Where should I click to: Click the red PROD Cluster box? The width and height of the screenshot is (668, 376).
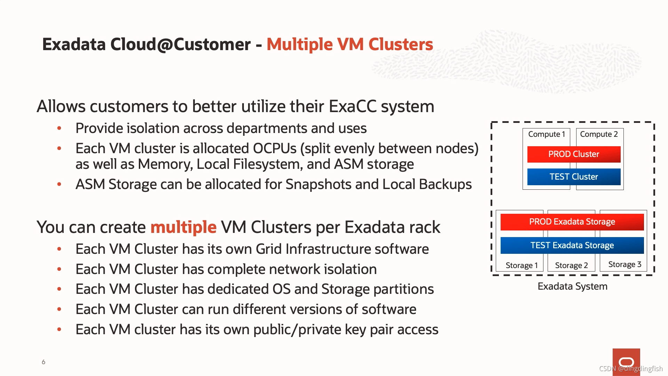click(574, 154)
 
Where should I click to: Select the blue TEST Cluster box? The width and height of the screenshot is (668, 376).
click(574, 177)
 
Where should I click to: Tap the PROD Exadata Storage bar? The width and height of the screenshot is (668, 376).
click(572, 222)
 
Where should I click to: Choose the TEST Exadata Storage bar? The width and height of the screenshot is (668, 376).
click(572, 245)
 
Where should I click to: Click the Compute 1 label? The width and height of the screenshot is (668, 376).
click(546, 134)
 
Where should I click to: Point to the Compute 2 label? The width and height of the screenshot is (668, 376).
click(599, 134)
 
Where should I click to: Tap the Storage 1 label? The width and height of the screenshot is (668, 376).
click(522, 266)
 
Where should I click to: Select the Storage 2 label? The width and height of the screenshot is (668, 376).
click(571, 266)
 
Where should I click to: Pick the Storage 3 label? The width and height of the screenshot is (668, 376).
click(625, 265)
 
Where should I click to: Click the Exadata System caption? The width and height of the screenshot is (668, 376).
click(572, 287)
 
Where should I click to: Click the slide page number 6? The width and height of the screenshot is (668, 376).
click(43, 362)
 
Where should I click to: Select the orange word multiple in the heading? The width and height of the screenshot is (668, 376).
click(183, 227)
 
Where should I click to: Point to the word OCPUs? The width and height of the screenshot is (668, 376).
click(275, 149)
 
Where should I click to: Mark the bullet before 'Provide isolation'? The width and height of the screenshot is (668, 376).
click(59, 128)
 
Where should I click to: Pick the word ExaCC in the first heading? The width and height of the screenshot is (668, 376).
click(352, 107)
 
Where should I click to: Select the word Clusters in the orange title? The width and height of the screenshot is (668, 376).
click(400, 45)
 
